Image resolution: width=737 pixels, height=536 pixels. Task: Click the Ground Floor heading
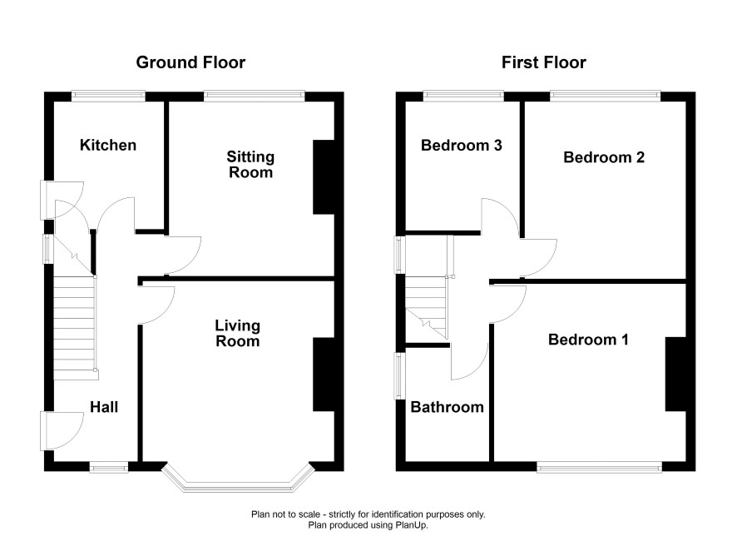point(190,62)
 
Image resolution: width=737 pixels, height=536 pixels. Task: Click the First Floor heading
point(543,62)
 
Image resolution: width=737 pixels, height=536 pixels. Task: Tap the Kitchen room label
point(108,145)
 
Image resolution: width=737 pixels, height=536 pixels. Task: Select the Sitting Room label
point(250,164)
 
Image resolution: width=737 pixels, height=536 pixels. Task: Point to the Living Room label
point(237,333)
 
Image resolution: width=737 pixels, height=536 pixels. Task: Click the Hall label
point(104,407)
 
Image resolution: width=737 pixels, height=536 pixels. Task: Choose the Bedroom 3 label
point(461,146)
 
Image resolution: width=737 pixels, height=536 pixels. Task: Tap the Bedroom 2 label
point(604,157)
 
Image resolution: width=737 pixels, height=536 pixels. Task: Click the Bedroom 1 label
point(588,340)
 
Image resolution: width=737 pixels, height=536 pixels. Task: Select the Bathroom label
point(447,407)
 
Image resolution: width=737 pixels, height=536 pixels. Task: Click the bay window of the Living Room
point(238,484)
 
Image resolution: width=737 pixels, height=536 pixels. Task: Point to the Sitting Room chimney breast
point(324,177)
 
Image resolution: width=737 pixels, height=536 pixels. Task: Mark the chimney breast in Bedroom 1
point(676,375)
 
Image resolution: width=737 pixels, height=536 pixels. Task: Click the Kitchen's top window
point(109,96)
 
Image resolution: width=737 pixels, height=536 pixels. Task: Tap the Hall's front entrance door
point(62,431)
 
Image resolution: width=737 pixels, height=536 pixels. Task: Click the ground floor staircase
point(75,328)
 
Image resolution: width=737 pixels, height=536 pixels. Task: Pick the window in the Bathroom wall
point(399,376)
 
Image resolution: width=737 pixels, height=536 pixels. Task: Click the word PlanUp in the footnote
point(412,525)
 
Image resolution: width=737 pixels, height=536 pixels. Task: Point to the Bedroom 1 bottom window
point(599,467)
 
